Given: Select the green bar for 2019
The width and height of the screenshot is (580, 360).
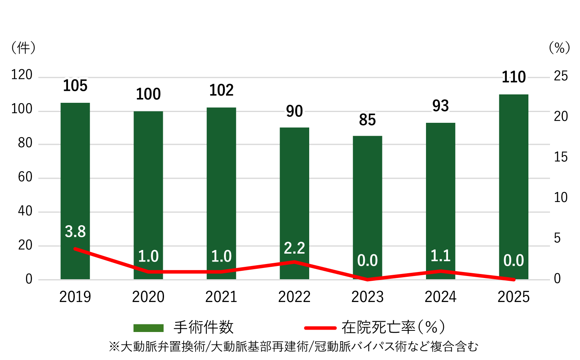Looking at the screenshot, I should (x=75, y=180).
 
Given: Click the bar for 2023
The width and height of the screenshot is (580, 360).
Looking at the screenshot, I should (x=368, y=200).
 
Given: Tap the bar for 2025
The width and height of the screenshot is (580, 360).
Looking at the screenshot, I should (x=514, y=180).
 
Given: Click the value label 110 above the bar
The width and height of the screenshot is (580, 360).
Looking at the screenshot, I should (x=514, y=77).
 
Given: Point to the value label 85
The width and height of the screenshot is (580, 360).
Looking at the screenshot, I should (x=368, y=120).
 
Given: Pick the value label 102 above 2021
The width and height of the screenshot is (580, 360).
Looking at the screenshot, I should (x=221, y=90).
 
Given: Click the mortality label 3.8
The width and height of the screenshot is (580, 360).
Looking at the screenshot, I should (x=75, y=232).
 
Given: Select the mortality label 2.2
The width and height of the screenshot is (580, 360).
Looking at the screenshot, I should (x=294, y=248).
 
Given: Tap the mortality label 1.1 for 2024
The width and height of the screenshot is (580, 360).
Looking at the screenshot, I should (x=440, y=256).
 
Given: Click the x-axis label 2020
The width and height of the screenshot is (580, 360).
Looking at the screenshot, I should (x=148, y=297).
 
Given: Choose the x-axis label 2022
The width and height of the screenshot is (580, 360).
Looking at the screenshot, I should (x=294, y=297).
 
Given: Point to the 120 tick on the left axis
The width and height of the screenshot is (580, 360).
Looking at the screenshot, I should (x=22, y=75).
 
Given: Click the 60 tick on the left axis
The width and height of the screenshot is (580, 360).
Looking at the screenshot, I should (x=25, y=177).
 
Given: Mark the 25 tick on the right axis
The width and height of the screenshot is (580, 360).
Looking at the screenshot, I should (x=561, y=76).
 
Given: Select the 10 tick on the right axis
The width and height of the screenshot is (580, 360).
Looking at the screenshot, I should (x=561, y=198).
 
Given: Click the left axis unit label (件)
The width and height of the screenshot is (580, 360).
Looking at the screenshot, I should (x=23, y=48).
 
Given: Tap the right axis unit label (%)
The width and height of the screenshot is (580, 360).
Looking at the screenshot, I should (x=559, y=48).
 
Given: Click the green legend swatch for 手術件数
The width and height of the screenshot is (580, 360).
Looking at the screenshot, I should (x=148, y=328).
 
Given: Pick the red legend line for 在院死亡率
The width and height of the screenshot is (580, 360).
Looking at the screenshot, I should (x=320, y=328).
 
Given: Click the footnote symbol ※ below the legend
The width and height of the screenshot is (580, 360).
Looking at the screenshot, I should (x=114, y=346).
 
